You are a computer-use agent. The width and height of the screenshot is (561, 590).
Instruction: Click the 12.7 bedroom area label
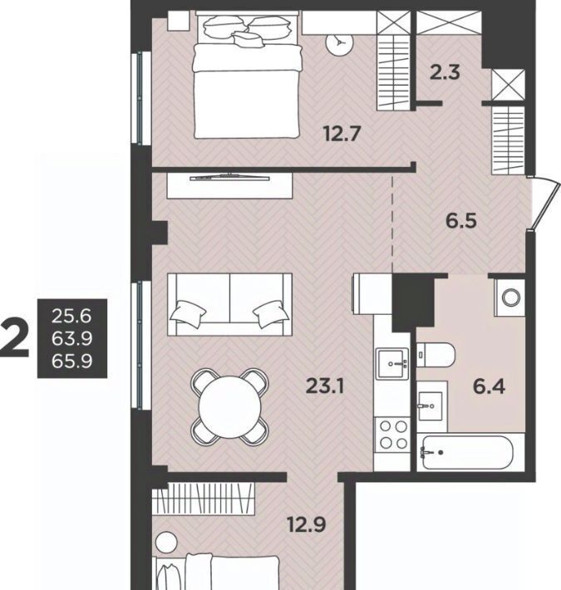point(342,134)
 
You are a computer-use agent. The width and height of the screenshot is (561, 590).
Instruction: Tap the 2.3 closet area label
point(445,72)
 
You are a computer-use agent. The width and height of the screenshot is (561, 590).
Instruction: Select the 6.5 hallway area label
point(461,220)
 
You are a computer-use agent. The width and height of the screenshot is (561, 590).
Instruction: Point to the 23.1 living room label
point(325,386)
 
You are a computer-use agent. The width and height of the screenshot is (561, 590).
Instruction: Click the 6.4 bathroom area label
point(489,386)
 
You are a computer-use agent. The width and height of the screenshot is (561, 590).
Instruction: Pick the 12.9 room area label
point(307,524)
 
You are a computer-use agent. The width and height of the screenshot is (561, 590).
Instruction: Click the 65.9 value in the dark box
point(71,361)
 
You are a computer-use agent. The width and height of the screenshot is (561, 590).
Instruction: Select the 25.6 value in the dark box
point(71,316)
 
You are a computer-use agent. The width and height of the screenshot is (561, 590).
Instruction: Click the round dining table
point(230,406)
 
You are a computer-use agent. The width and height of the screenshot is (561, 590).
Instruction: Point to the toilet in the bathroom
point(436,355)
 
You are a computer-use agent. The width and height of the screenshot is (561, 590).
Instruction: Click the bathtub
point(467,452)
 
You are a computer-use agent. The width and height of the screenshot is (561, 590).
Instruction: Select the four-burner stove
point(391,435)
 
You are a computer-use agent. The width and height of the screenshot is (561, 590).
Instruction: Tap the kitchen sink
point(392,364)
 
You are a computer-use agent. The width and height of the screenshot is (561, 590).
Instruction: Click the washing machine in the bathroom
point(510,297)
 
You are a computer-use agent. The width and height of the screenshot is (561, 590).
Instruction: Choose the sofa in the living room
point(229,304)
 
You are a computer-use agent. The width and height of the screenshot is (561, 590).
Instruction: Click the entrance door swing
point(544,204)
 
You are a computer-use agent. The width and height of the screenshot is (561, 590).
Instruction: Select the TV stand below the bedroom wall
point(229,185)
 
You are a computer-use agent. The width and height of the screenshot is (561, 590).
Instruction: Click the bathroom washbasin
point(431,406)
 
